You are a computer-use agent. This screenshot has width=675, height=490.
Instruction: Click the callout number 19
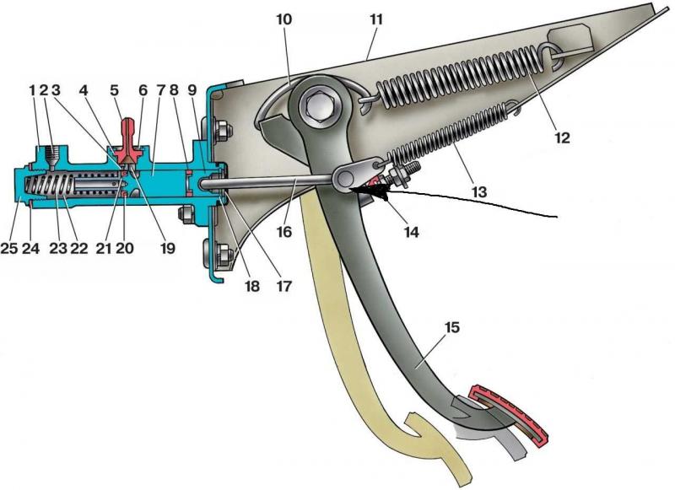click(167, 250)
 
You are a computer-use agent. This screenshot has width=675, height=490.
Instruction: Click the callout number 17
click(282, 284)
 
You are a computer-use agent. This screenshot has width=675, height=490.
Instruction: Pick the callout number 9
click(193, 89)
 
